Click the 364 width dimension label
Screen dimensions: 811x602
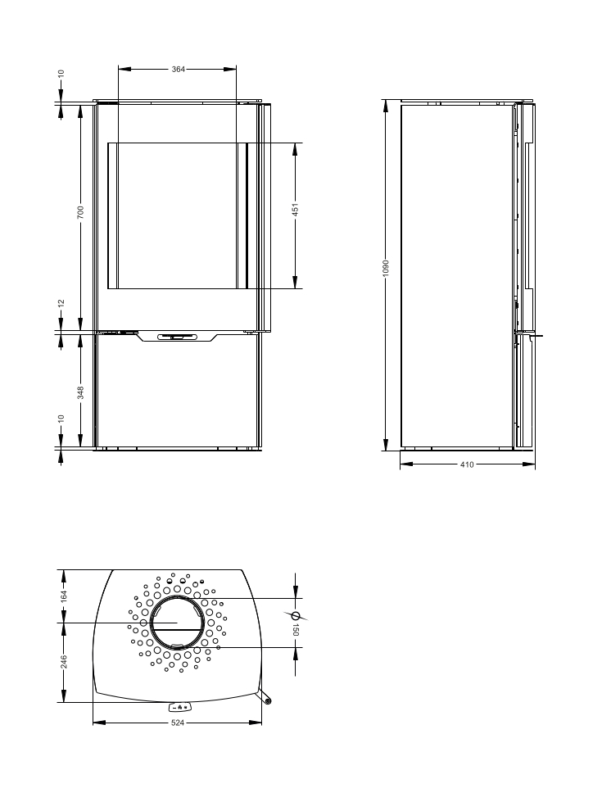[178, 70]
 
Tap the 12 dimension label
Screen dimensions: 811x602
[61, 303]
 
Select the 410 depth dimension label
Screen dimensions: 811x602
[466, 464]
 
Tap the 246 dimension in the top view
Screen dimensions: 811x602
[64, 660]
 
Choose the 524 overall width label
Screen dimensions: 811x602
[178, 723]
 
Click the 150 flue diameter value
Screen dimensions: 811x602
[296, 629]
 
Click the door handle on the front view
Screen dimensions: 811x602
[178, 336]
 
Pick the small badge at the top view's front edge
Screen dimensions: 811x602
[179, 706]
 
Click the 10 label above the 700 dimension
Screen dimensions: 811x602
[61, 74]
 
